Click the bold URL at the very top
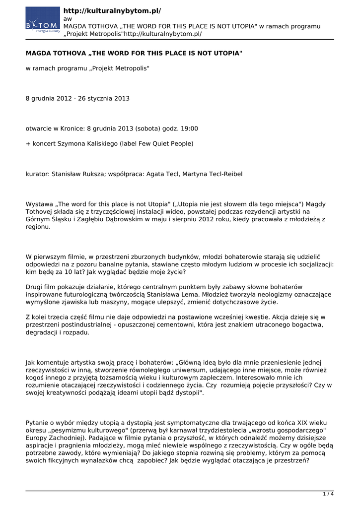[x=112, y=10]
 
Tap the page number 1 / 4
[x=328, y=494]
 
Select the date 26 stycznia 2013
[x=103, y=98]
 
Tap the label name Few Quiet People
[x=166, y=144]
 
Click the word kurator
[x=37, y=174]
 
